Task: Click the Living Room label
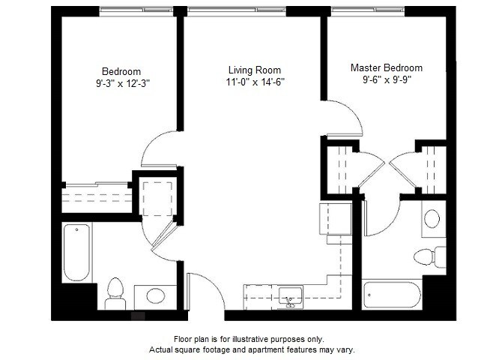point(255,70)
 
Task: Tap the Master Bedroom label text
point(387,68)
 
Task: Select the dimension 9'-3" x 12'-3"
point(123,83)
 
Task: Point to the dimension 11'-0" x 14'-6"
point(255,82)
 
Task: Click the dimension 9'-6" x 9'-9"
point(387,79)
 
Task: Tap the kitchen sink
point(291,298)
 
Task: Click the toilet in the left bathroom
point(115,294)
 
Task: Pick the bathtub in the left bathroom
point(77,253)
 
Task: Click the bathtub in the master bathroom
point(392,295)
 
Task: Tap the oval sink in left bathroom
point(156,295)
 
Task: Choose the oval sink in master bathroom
point(432,219)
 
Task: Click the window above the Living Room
point(236,10)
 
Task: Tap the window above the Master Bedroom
point(368,10)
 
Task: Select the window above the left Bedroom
point(136,10)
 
